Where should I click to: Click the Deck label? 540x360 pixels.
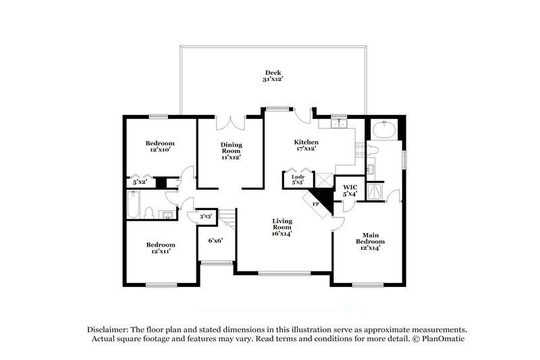tap(273, 72)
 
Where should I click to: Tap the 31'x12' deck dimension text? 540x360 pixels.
tap(273, 80)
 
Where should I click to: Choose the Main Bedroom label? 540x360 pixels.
tap(371, 238)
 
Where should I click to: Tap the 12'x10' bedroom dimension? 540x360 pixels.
tap(161, 150)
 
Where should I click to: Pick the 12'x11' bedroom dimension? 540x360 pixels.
tap(161, 251)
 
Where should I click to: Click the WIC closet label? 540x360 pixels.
tap(350, 187)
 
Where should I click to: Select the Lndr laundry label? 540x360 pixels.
tap(298, 177)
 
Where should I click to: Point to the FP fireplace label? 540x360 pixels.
tap(315, 203)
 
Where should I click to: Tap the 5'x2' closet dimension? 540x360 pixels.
tap(140, 182)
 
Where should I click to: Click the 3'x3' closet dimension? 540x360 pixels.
tap(206, 216)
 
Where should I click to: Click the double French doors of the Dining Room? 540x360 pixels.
tap(230, 123)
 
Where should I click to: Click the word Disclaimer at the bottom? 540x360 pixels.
tap(110, 328)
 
